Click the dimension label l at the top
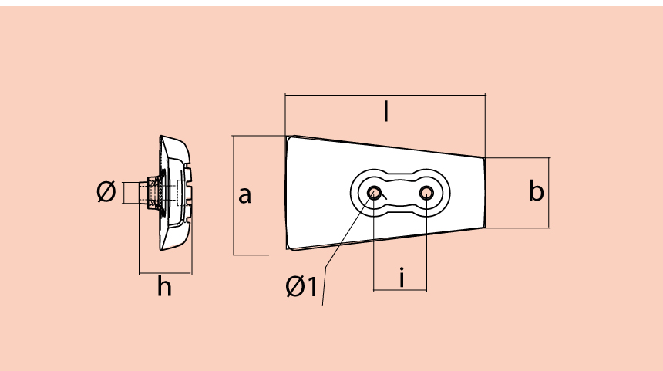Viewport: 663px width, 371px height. click(x=385, y=113)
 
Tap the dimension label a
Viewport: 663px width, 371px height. click(x=244, y=195)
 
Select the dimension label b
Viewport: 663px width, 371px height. click(x=537, y=191)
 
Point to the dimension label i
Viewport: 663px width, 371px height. click(x=402, y=276)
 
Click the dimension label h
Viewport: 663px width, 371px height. click(x=164, y=287)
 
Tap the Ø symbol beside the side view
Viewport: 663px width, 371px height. click(x=106, y=191)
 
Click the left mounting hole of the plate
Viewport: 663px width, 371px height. click(x=375, y=192)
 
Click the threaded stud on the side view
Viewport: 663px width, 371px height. click(x=147, y=191)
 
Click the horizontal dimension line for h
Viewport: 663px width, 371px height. click(x=165, y=273)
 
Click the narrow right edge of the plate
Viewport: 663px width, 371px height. click(x=485, y=192)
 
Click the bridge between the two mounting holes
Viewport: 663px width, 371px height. click(x=401, y=192)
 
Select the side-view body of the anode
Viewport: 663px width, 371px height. click(x=176, y=193)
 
